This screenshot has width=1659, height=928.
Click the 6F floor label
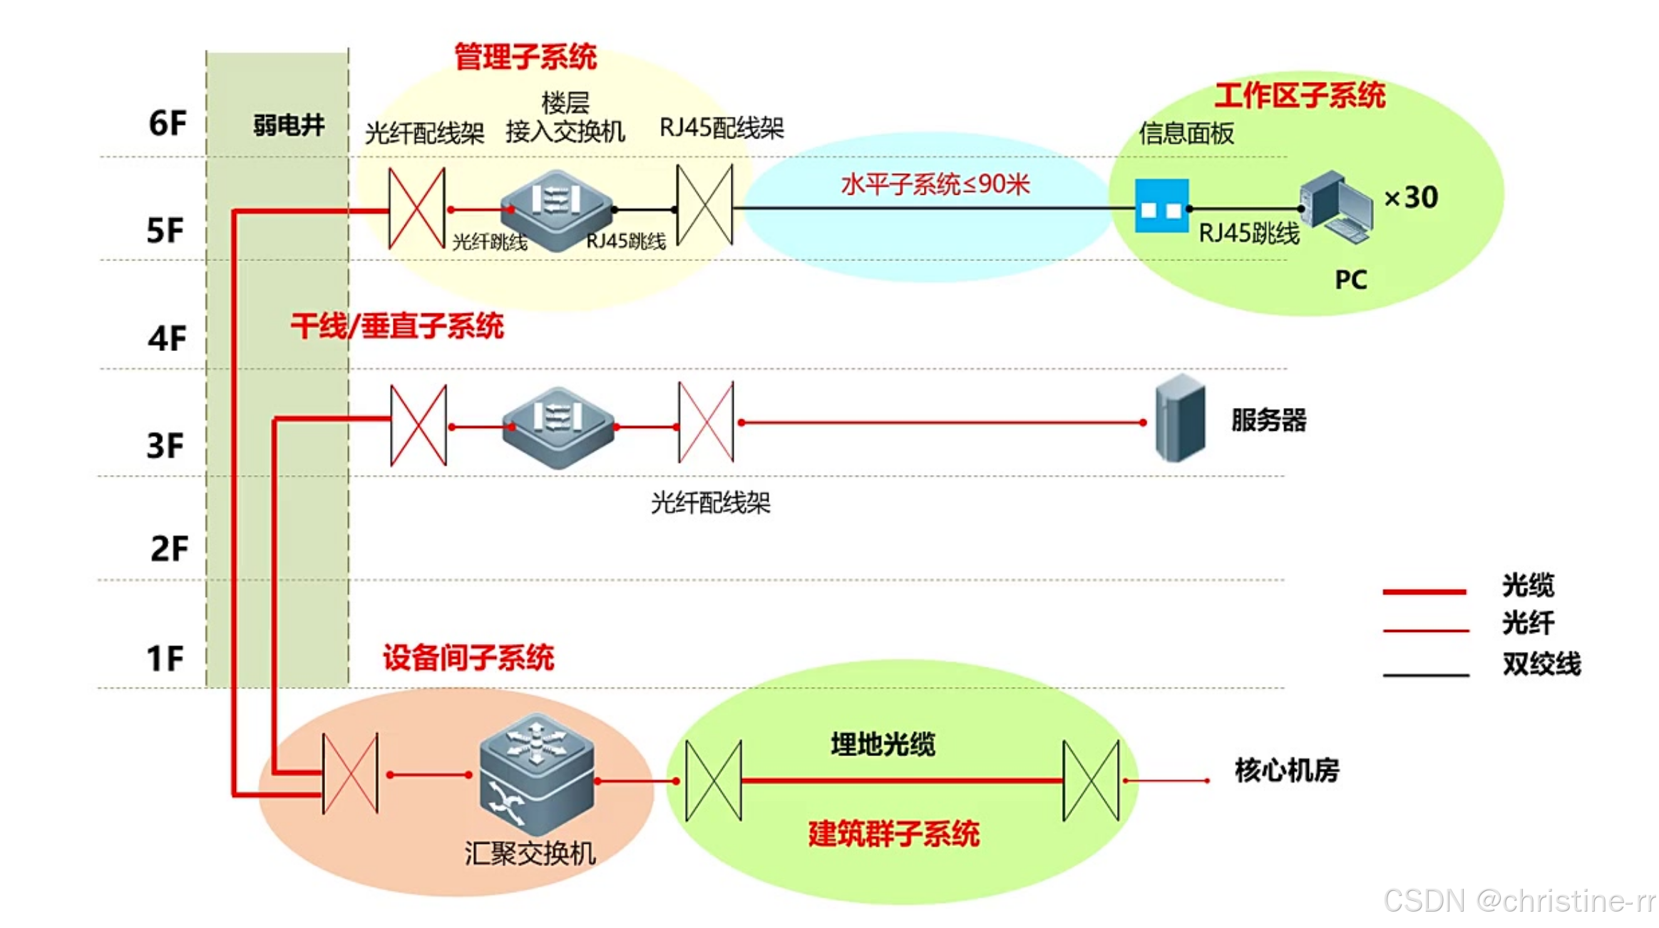tap(167, 123)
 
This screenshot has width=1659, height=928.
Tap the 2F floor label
tap(169, 549)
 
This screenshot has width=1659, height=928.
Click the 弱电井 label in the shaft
tap(289, 126)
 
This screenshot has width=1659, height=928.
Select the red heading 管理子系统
tap(525, 57)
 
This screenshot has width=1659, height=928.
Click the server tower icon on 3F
tap(1180, 419)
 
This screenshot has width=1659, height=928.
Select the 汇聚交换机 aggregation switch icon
tap(536, 773)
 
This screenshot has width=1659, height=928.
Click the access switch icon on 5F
tap(556, 210)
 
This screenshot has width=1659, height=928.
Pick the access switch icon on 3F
tap(558, 427)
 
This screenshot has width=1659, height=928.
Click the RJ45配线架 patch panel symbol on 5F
tap(704, 205)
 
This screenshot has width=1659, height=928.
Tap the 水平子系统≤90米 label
tap(935, 185)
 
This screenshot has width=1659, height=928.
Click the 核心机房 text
tap(1286, 770)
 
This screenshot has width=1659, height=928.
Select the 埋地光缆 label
tap(883, 744)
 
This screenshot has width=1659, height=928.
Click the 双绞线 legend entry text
tap(1541, 663)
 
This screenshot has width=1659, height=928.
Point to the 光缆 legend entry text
tap(1527, 585)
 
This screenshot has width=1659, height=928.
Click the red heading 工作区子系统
tap(1299, 96)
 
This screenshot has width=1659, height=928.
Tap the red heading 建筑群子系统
tap(893, 833)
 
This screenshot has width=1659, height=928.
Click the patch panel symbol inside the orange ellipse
tap(350, 773)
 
